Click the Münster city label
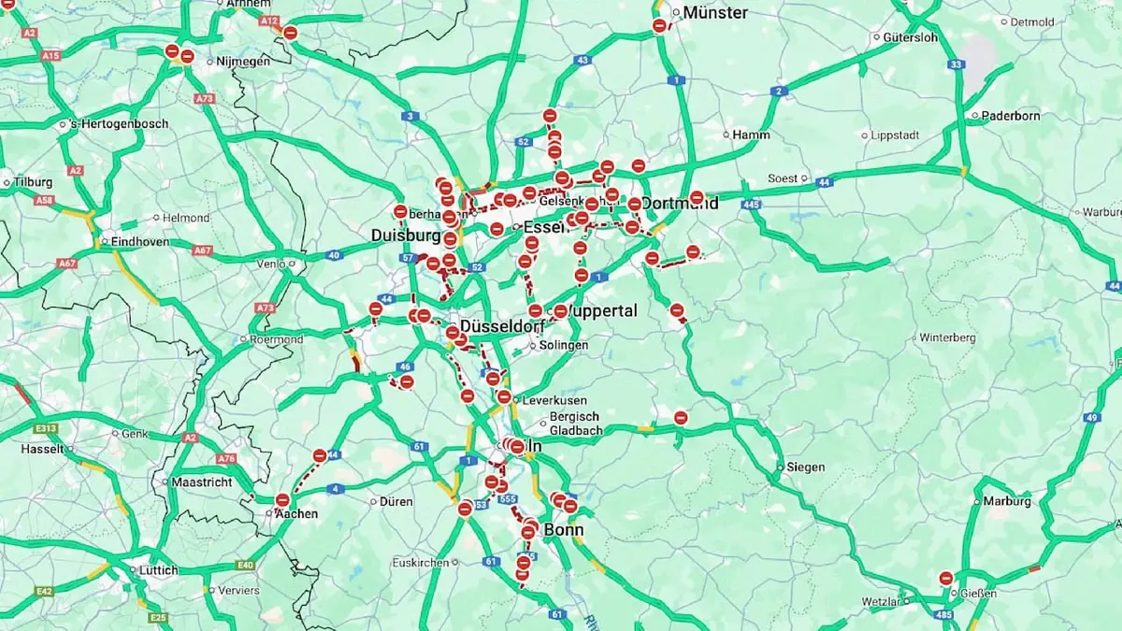[715, 13]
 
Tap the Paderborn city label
[1011, 116]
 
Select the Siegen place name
[805, 467]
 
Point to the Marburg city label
[1007, 501]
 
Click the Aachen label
[295, 513]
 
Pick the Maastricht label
[202, 482]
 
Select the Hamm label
[751, 135]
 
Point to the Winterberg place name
[947, 337]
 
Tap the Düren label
[396, 502]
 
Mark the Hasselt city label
[42, 449]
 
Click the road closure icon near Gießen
[946, 579]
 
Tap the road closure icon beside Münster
[659, 26]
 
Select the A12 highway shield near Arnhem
[270, 21]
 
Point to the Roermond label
[272, 340]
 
